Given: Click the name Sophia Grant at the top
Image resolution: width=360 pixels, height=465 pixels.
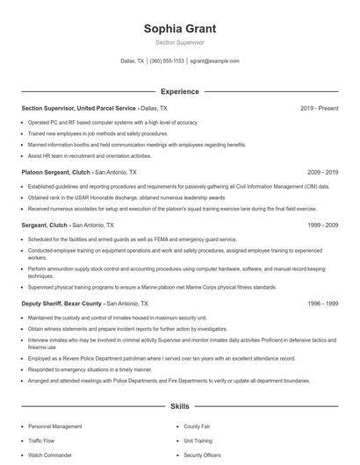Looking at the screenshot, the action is click(x=179, y=28).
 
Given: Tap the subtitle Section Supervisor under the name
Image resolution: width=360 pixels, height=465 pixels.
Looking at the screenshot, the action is click(x=179, y=42).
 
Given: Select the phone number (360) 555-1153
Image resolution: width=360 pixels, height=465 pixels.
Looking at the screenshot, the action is click(x=167, y=61).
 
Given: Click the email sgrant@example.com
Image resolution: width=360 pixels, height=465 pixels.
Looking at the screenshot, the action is click(x=214, y=61).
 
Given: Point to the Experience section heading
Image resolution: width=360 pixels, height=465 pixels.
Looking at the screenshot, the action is click(x=179, y=91).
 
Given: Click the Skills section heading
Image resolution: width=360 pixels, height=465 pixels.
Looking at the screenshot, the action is click(x=179, y=407).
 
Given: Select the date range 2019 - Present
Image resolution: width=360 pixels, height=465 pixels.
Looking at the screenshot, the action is click(x=319, y=108).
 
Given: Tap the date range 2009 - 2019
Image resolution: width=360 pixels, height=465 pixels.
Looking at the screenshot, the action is click(x=322, y=173).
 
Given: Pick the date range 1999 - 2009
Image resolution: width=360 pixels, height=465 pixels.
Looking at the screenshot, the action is click(x=322, y=225).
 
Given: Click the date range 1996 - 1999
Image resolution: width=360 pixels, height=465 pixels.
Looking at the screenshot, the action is click(x=322, y=303).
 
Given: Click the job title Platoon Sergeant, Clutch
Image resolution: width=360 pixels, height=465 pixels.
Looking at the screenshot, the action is click(x=56, y=173).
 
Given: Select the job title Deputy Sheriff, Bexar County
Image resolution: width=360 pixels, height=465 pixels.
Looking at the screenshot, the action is click(x=61, y=303).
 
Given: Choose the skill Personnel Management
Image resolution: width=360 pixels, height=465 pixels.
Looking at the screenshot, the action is click(x=55, y=426).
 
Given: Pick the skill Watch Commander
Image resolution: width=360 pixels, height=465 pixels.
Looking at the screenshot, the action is click(x=49, y=456).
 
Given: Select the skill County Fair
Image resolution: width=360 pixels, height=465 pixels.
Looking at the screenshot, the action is click(x=197, y=426).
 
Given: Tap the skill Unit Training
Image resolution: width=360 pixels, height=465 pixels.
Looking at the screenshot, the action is click(x=198, y=441).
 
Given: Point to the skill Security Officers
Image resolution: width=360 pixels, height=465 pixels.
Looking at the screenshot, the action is click(x=202, y=456).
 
